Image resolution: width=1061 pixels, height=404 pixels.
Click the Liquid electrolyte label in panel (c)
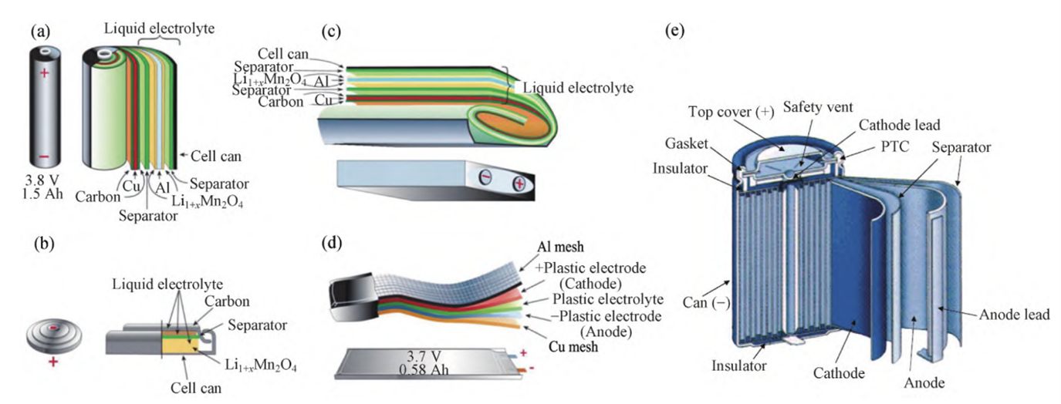click(578, 88)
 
